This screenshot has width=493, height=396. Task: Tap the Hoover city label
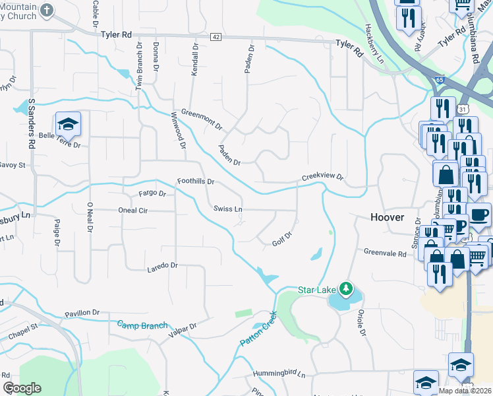click(x=388, y=217)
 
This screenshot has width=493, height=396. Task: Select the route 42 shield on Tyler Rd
click(x=216, y=38)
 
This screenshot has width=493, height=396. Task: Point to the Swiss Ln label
click(x=228, y=209)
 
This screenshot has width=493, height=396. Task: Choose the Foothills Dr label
click(x=196, y=181)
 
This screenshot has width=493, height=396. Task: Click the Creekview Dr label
click(x=322, y=177)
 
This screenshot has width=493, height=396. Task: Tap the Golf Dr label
click(x=281, y=239)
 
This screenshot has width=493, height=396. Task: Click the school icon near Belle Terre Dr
click(x=67, y=124)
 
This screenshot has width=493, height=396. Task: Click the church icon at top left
click(x=46, y=9)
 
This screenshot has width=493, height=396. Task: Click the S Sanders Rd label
click(x=31, y=123)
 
